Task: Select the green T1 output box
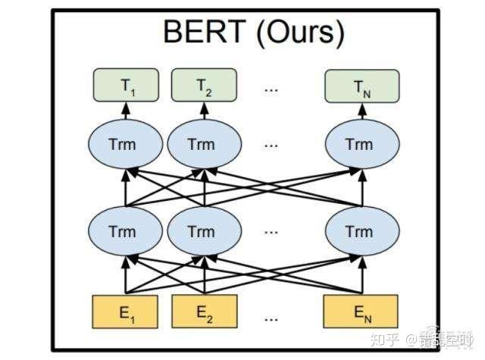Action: (124, 85)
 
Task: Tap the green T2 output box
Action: (202, 85)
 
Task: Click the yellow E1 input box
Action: (124, 311)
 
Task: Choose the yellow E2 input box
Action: (202, 311)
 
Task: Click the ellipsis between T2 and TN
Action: (271, 87)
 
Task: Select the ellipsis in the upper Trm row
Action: (271, 144)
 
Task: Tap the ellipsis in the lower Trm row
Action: (271, 232)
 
